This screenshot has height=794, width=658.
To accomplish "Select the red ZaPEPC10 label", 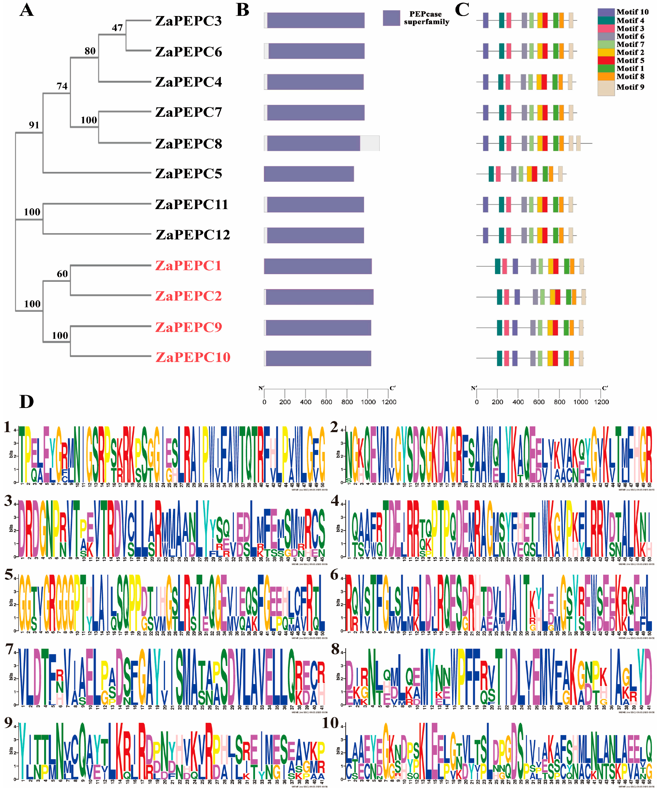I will click(x=193, y=357).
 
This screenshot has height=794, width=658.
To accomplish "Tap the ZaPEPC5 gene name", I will click(x=188, y=174).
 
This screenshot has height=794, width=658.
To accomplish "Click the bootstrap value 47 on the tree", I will click(x=117, y=28).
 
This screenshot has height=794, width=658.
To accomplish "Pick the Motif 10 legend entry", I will click(x=632, y=12).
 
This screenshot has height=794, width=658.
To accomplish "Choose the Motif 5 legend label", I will click(x=630, y=61).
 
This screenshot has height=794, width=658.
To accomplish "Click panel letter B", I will click(x=242, y=10).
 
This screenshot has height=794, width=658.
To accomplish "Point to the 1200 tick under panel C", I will click(x=601, y=402).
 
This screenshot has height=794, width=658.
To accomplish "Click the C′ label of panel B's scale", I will click(x=393, y=388).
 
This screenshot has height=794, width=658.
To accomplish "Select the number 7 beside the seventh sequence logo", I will click(x=10, y=649).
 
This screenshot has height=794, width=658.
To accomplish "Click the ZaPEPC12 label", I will click(x=193, y=235).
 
